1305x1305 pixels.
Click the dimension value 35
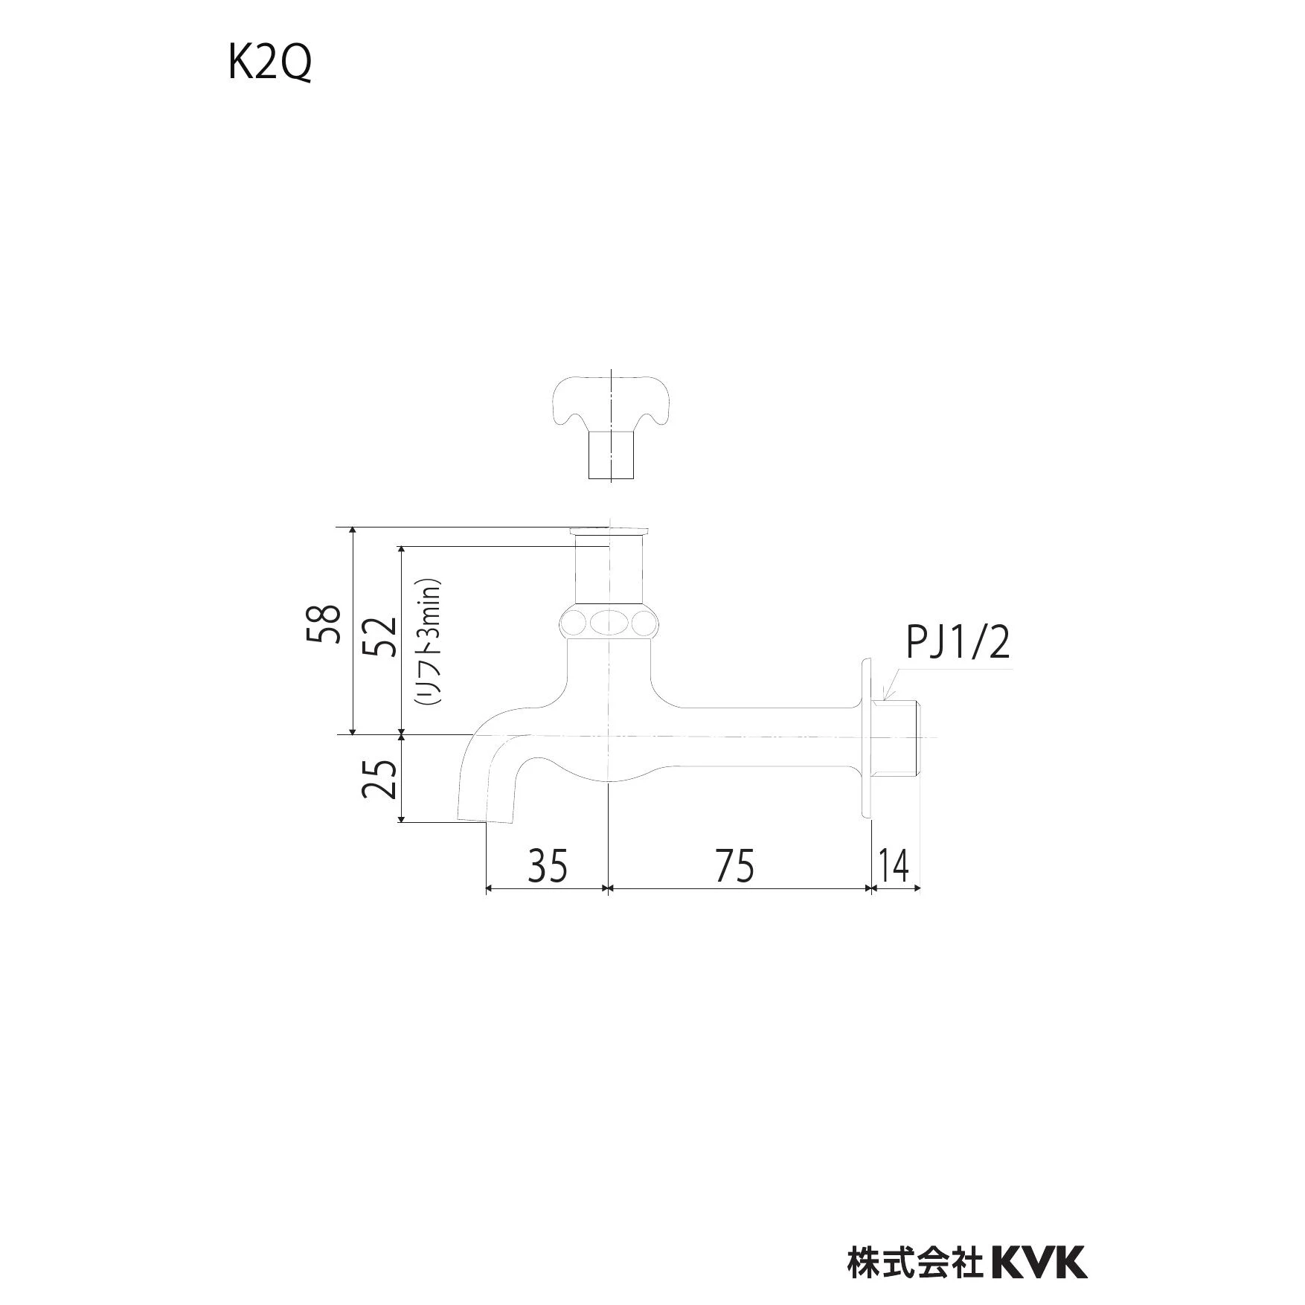click(x=548, y=865)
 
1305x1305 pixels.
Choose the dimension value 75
click(x=734, y=865)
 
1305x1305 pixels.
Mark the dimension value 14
click(x=894, y=865)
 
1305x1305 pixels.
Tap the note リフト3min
click(x=429, y=642)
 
